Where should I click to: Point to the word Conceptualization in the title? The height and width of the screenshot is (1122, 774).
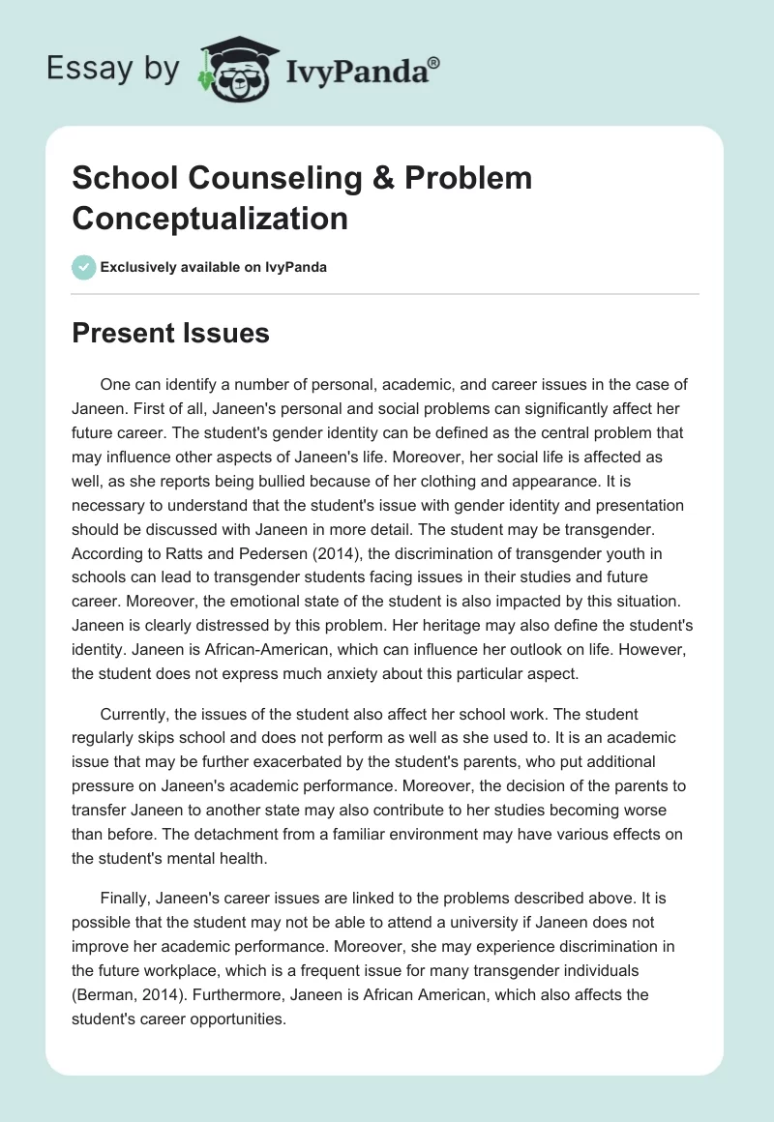pyautogui.click(x=210, y=218)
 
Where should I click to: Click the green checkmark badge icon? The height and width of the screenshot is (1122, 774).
pyautogui.click(x=84, y=267)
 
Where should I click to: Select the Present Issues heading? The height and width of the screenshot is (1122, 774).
pyautogui.click(x=170, y=334)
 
